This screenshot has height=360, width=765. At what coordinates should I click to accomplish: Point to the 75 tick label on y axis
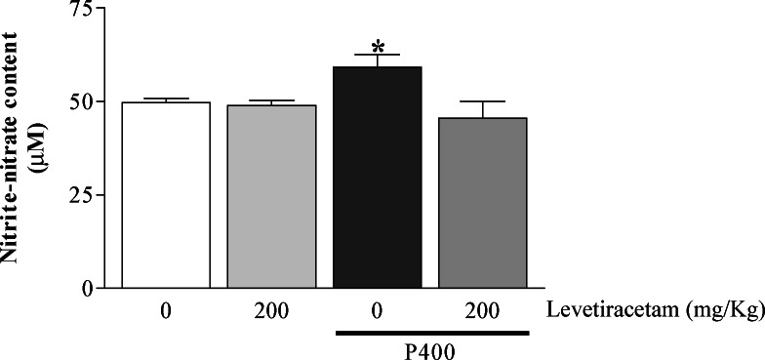point(86,11)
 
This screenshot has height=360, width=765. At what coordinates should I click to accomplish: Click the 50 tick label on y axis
point(86,101)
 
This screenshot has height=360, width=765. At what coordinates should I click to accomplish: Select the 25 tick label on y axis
point(86,195)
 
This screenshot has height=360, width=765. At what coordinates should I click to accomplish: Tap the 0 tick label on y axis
point(92,289)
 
